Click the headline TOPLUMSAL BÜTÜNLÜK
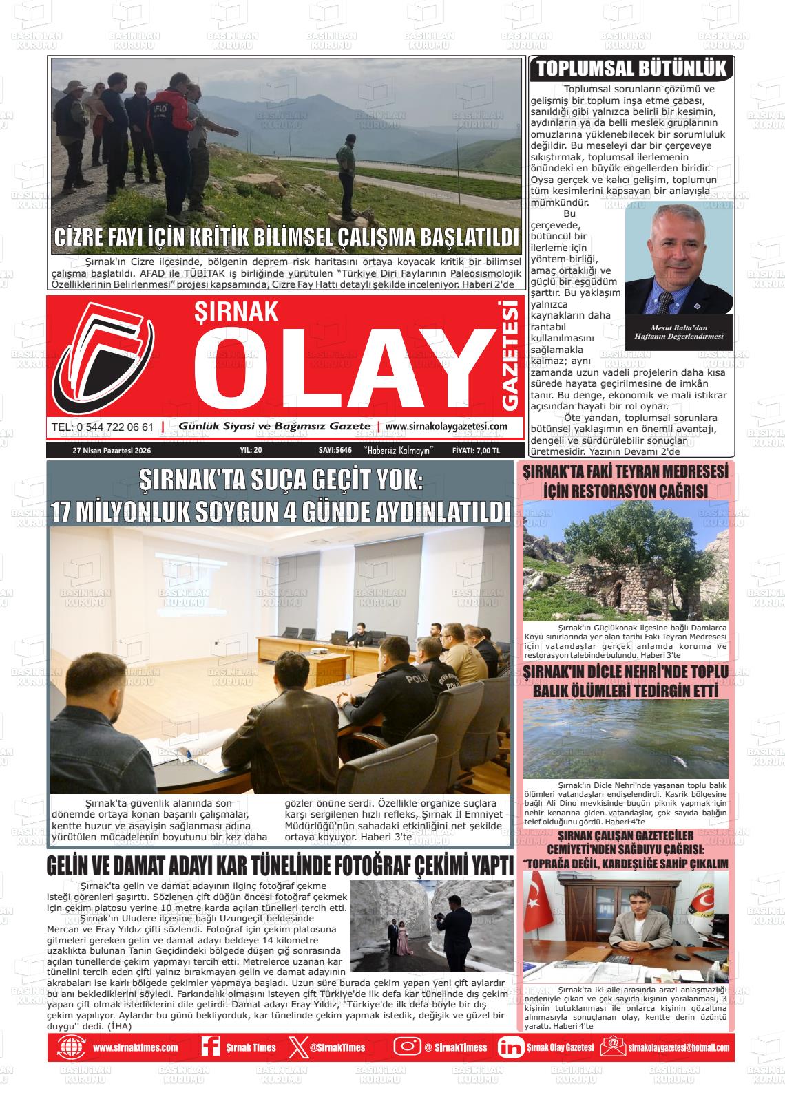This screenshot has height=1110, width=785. click(631, 69)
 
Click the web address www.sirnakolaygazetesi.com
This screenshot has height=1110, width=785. click(446, 427)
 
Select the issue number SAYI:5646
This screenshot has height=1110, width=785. click(335, 451)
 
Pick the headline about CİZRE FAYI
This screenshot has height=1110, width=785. click(286, 238)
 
